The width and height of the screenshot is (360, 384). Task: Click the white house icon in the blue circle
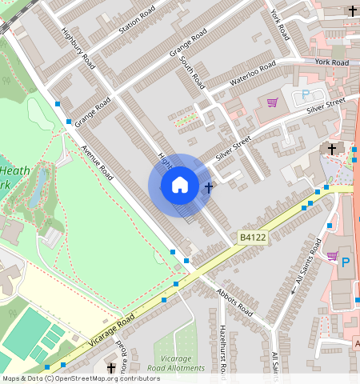(180, 186)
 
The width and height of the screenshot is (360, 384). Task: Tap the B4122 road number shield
(251, 238)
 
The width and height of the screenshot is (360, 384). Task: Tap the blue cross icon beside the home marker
(209, 188)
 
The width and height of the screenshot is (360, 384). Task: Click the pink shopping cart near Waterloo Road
(272, 102)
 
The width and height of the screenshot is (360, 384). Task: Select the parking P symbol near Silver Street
(306, 94)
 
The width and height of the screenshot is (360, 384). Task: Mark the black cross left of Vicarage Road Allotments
(111, 367)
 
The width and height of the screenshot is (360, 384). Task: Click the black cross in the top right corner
(353, 10)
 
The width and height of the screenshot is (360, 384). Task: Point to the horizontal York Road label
(331, 62)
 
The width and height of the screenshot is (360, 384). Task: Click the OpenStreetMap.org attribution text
(107, 378)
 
